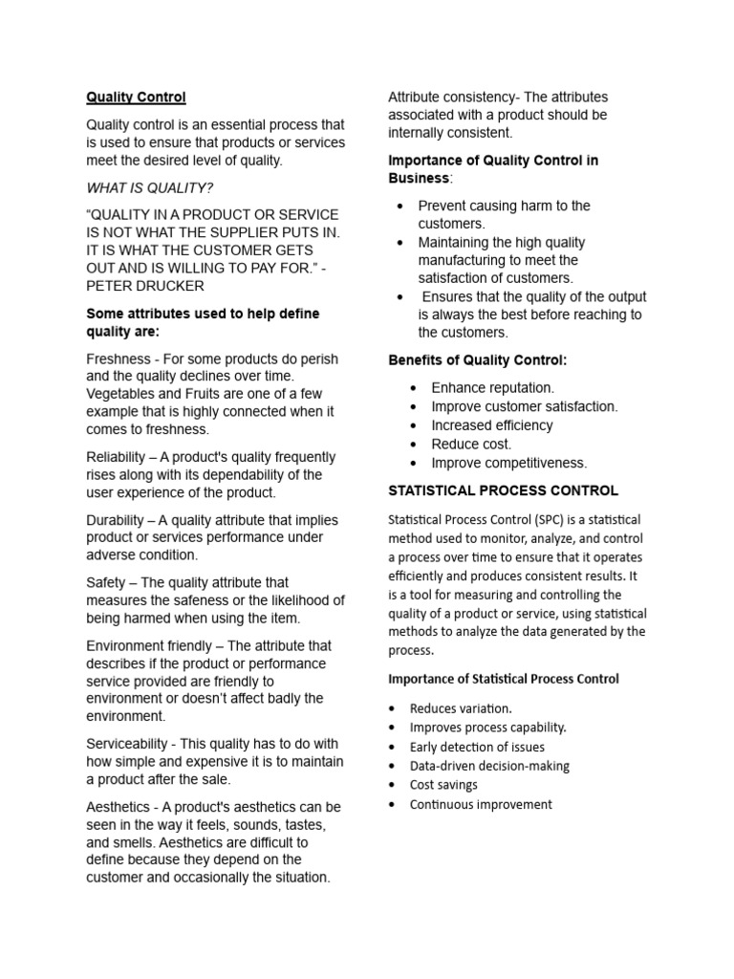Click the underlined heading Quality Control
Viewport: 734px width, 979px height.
click(x=136, y=98)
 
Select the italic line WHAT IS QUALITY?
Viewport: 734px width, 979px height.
click(x=150, y=187)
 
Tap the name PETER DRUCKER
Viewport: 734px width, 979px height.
click(x=144, y=286)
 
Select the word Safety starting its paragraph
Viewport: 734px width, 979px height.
click(x=106, y=582)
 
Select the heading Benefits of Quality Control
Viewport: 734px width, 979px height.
click(x=477, y=360)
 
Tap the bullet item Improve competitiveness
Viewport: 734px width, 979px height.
click(x=508, y=464)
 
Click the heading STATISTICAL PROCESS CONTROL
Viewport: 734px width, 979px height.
click(x=503, y=491)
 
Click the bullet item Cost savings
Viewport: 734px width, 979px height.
click(x=443, y=785)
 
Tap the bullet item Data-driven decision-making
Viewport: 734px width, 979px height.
click(x=489, y=766)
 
